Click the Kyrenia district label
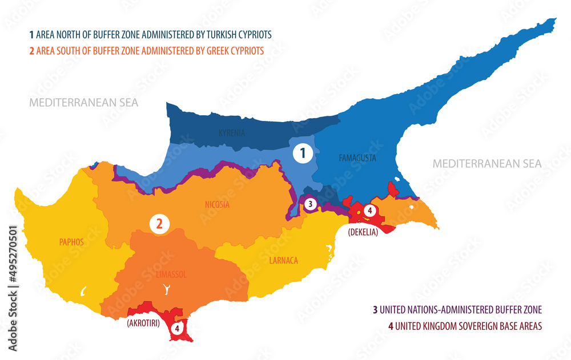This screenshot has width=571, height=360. (232, 134)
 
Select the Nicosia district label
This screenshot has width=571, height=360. (217, 205)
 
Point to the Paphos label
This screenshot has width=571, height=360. (71, 242)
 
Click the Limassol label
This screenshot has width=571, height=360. (171, 274)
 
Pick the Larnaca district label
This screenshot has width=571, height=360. (283, 261)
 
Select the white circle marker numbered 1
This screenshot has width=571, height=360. (303, 153)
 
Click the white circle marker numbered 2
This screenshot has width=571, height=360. (159, 224)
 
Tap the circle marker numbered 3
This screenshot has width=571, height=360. (309, 203)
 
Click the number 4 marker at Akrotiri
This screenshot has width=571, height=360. (177, 329)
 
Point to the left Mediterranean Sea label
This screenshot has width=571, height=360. (84, 103)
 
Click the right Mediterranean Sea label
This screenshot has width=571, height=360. (486, 164)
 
